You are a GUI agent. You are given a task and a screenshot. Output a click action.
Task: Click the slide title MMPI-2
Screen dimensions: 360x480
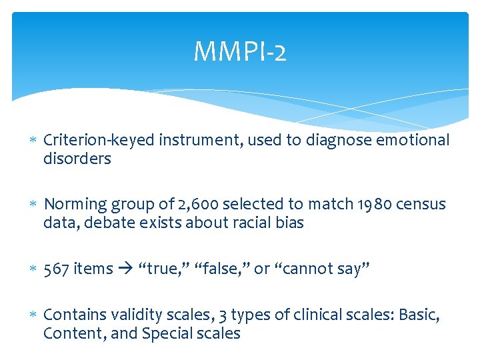(x=240, y=52)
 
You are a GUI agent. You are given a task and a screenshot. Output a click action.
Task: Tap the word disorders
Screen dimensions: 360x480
(x=77, y=159)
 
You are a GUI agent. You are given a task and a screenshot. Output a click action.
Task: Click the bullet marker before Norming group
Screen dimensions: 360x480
(x=33, y=205)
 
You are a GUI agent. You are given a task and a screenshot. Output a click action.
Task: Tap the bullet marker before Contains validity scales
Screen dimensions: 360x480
(x=33, y=314)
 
